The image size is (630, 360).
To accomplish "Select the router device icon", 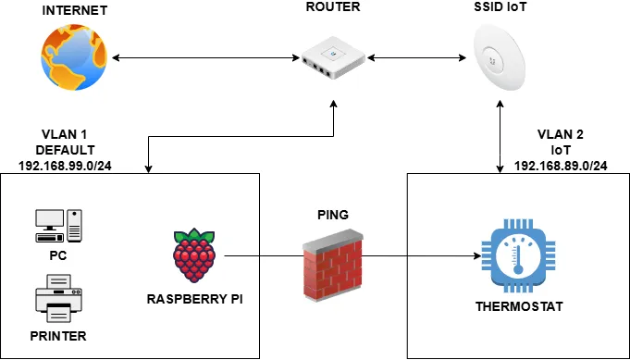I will click(x=332, y=58).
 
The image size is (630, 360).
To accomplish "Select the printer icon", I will click(x=58, y=298).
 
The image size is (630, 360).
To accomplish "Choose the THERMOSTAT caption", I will click(x=517, y=304).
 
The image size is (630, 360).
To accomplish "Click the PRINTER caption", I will click(x=58, y=336).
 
